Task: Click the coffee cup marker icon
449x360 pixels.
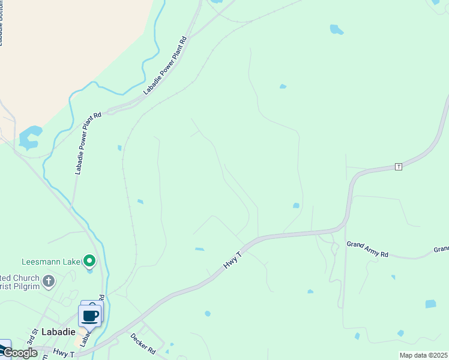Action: pos(90,316)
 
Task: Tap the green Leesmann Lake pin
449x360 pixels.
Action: pos(89,261)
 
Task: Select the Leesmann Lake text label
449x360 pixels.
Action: pos(50,262)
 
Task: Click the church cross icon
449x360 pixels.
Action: pos(49,280)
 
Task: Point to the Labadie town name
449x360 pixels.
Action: pos(58,331)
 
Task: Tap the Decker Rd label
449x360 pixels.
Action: pos(143,344)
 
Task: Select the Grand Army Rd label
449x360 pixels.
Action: pos(367,249)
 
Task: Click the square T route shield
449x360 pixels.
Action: pos(398,166)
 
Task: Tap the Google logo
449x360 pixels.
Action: pos(20,353)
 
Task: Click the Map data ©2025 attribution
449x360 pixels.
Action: pos(424,355)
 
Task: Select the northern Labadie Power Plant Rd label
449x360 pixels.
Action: pos(165,66)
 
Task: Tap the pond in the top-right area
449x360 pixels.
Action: pos(337,29)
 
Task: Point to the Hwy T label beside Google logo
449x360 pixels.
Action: pos(62,354)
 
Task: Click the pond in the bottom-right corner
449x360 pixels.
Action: pos(430,304)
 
